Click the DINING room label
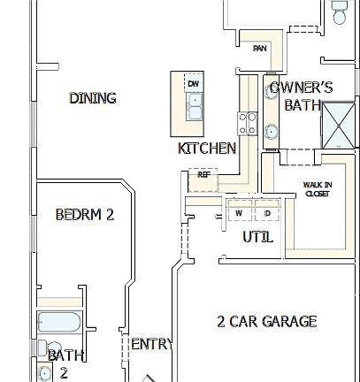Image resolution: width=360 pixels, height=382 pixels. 93,98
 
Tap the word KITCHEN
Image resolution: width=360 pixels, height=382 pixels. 207,149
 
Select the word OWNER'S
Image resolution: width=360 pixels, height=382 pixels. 301,88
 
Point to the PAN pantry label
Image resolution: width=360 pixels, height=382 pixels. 260,49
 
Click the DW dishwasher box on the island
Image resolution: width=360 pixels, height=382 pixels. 193,84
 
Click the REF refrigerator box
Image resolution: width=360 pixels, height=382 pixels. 203,175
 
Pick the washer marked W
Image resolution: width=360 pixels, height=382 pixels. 238,213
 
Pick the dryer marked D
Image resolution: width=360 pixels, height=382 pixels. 266,213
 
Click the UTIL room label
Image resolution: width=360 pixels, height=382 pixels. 257,237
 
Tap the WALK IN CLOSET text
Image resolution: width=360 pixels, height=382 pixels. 317,189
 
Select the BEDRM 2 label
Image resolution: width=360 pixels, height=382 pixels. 84,214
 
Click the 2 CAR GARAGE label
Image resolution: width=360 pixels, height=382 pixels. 266,321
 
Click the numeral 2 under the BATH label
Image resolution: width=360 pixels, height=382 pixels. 64,373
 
